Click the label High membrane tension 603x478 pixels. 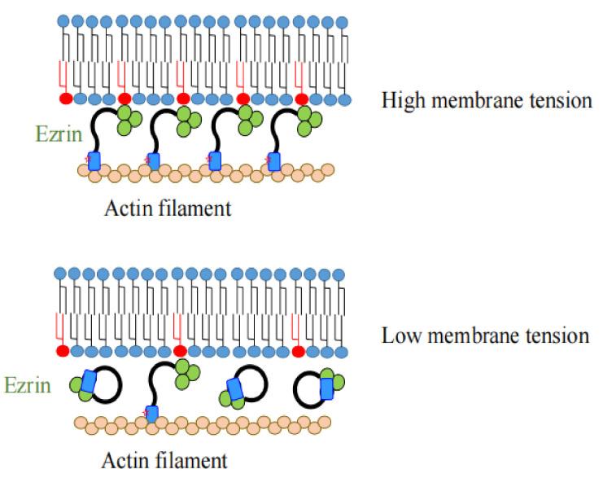[x=485, y=101]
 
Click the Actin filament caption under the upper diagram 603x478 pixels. [x=168, y=208]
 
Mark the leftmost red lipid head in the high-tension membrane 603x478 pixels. [x=64, y=99]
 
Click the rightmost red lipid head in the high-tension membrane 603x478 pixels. [x=302, y=99]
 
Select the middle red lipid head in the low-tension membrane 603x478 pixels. [x=181, y=351]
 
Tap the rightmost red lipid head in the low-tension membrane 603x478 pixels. [x=299, y=351]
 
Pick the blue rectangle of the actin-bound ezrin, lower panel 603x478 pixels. [x=152, y=412]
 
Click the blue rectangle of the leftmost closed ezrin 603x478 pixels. [x=86, y=381]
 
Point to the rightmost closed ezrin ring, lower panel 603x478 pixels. [x=313, y=390]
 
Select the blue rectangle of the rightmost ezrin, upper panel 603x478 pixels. [x=274, y=160]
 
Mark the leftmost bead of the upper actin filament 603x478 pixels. [x=82, y=171]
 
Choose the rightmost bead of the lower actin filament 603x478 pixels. [x=324, y=423]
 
